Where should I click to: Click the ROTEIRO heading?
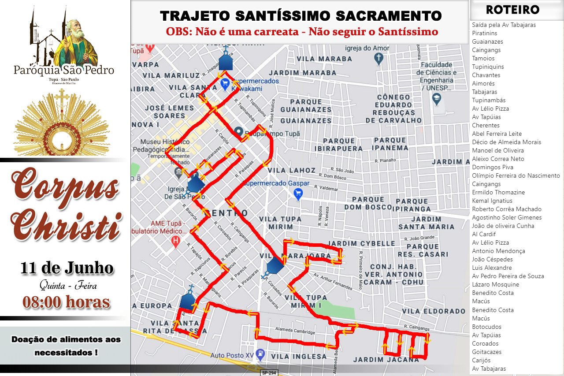[x=512, y=10]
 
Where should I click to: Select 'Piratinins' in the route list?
[x=484, y=33]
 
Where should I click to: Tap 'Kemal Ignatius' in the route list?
[x=492, y=201]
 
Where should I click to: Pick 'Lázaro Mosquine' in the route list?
[x=495, y=284]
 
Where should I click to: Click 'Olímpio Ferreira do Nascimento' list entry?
[x=516, y=175]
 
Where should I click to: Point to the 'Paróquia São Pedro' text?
[x=64, y=70]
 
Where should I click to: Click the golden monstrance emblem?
[x=62, y=123]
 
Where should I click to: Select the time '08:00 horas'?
[x=67, y=302]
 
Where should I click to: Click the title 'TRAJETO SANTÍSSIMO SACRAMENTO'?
[x=301, y=16]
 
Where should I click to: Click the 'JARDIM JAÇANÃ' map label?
[x=386, y=359]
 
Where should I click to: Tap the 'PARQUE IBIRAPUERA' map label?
[x=338, y=145]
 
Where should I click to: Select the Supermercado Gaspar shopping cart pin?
[x=298, y=193]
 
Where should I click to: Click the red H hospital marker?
[x=176, y=241]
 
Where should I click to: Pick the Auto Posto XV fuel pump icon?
[x=261, y=354]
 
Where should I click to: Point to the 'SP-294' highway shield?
[x=270, y=372]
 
